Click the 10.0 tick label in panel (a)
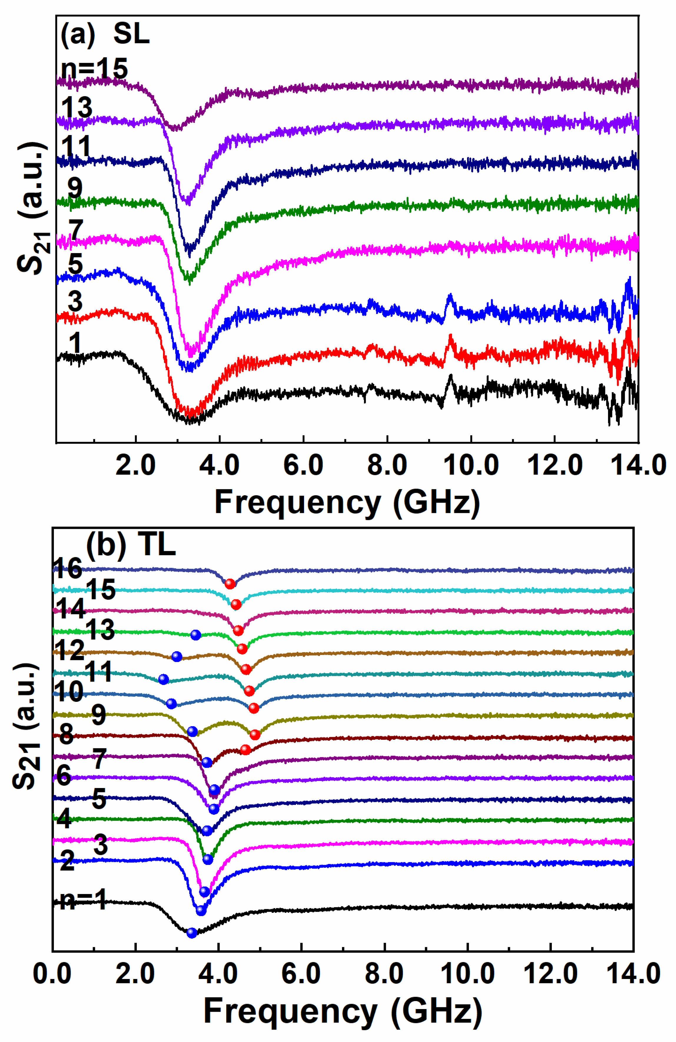[x=471, y=465]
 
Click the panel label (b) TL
[x=131, y=545]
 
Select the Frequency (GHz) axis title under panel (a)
[x=347, y=503]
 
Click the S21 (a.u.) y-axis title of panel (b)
[x=26, y=727]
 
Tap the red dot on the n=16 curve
[x=230, y=584]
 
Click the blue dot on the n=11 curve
[x=163, y=679]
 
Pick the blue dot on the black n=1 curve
[x=191, y=933]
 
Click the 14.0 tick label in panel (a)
[x=638, y=465]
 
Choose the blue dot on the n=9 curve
[x=192, y=731]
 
